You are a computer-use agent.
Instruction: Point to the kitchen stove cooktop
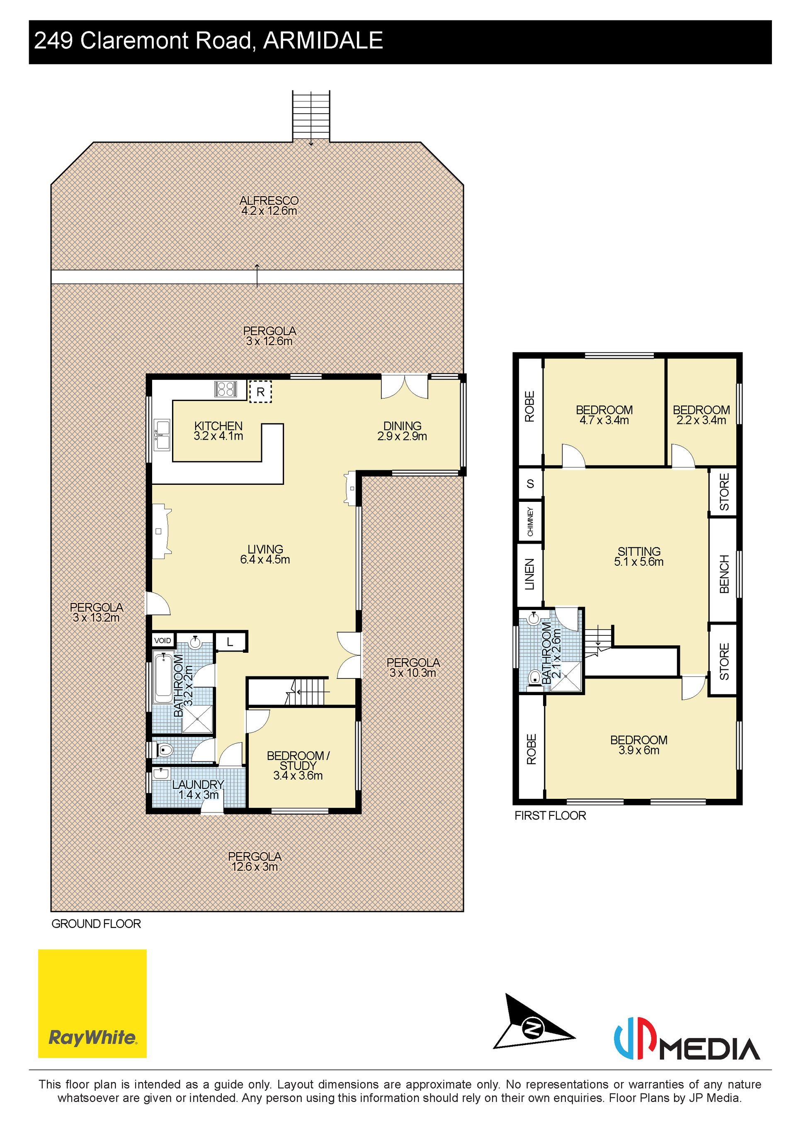226,389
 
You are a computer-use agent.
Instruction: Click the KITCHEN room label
218,426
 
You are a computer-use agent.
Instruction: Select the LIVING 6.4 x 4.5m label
265,554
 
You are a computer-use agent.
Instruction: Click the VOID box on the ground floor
163,640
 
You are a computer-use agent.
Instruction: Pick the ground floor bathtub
161,677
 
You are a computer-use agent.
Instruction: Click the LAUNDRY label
198,784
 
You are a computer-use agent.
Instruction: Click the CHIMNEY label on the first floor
530,521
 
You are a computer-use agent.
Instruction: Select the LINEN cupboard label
530,574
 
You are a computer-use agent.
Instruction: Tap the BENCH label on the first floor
724,574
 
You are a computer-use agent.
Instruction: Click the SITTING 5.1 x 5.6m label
638,557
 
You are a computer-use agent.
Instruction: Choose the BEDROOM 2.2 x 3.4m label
701,415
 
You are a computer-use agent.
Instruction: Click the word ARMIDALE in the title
323,40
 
